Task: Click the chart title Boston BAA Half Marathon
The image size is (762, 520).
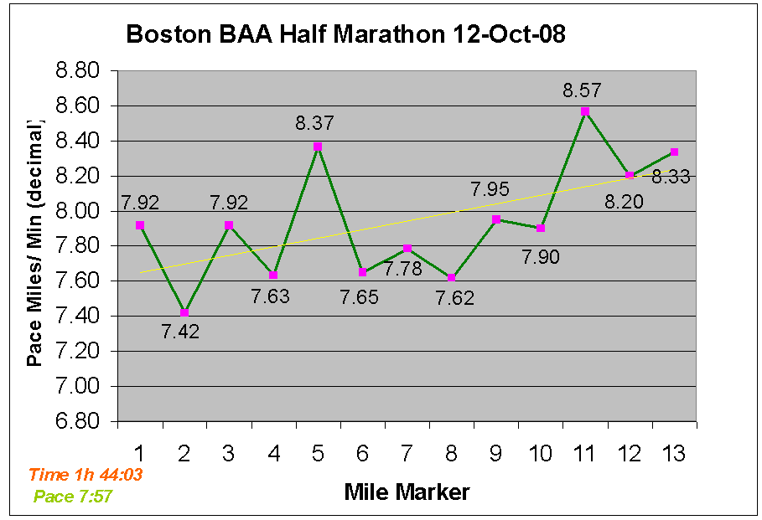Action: point(345,35)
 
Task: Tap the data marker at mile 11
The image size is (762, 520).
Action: point(585,111)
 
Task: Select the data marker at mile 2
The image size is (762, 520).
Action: point(184,313)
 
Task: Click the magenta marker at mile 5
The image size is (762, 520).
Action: point(318,146)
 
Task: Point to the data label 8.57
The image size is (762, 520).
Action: point(583,90)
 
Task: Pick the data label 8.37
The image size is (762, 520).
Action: point(314,123)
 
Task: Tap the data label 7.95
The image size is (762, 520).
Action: point(490,189)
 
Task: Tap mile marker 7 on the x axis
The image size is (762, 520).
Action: point(407,454)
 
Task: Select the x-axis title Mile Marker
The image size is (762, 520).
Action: point(407,492)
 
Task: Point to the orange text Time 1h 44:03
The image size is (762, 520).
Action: point(86,475)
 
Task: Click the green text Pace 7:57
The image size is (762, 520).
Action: point(73,497)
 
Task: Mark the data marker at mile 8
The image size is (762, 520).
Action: point(452,278)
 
